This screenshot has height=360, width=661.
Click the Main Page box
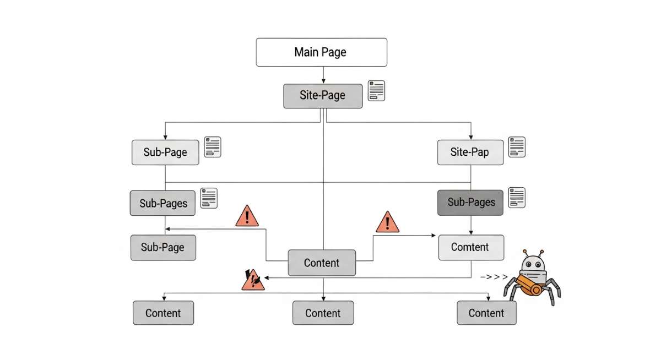pyautogui.click(x=321, y=52)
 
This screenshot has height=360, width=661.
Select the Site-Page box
pyautogui.click(x=323, y=95)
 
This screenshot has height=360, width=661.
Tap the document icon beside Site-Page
pyautogui.click(x=377, y=91)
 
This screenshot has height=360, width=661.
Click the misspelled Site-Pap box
pyautogui.click(x=470, y=152)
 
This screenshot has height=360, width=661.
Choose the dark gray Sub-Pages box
pyautogui.click(x=470, y=203)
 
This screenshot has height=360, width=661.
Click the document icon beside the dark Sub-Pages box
pyautogui.click(x=517, y=198)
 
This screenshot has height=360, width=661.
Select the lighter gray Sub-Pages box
pyautogui.click(x=164, y=203)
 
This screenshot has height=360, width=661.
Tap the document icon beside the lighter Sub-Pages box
pyautogui.click(x=209, y=198)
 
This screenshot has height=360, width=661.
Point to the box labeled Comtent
pyautogui.click(x=470, y=247)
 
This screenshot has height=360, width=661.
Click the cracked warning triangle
pyautogui.click(x=252, y=280)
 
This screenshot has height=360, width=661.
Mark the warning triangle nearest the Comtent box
pyautogui.click(x=388, y=222)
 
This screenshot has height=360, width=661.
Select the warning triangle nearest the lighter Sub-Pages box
pyautogui.click(x=247, y=216)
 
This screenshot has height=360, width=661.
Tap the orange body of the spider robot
pyautogui.click(x=530, y=287)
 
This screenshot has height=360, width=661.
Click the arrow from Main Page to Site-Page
pyautogui.click(x=323, y=75)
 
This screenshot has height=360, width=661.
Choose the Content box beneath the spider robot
pyautogui.click(x=486, y=313)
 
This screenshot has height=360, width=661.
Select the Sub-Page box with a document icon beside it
pyautogui.click(x=165, y=152)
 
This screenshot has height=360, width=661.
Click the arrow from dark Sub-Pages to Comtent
pyautogui.click(x=470, y=225)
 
